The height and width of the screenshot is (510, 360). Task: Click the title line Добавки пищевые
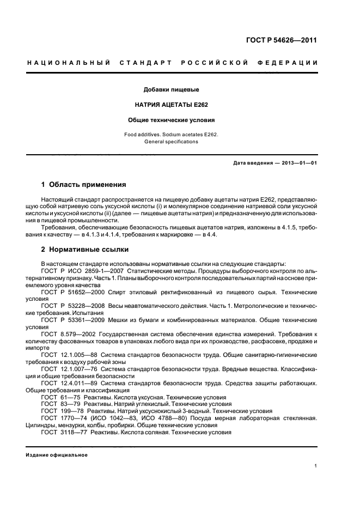(171, 89)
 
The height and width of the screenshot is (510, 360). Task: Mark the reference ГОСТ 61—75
(60, 397)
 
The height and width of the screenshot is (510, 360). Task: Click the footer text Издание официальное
(57, 455)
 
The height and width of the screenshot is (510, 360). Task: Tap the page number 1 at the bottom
(316, 466)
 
